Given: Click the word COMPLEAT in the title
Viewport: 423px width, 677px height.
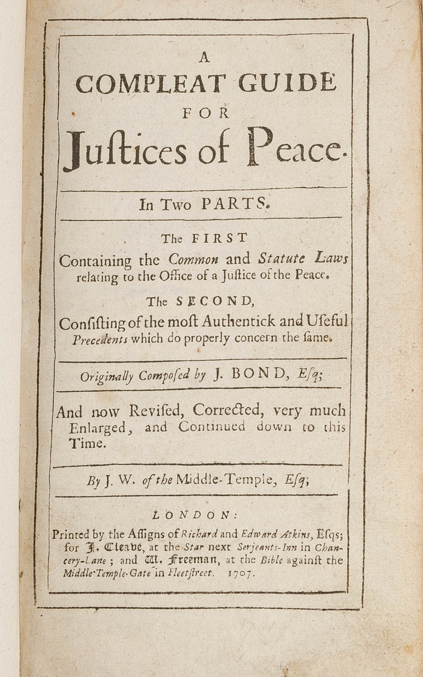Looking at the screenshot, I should pos(150,84).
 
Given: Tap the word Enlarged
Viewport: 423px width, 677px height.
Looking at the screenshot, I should pos(98,428).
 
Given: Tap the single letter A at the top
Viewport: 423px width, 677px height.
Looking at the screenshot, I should pos(204,59).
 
